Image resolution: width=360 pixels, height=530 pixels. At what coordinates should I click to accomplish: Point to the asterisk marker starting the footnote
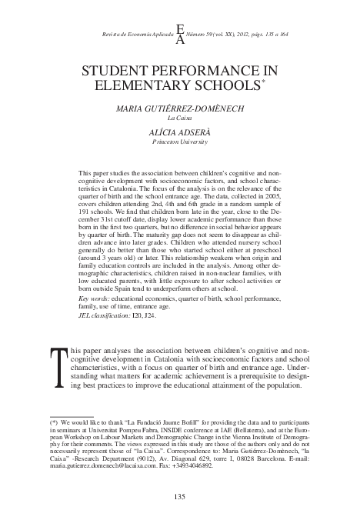pyautogui.click(x=54, y=423)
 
